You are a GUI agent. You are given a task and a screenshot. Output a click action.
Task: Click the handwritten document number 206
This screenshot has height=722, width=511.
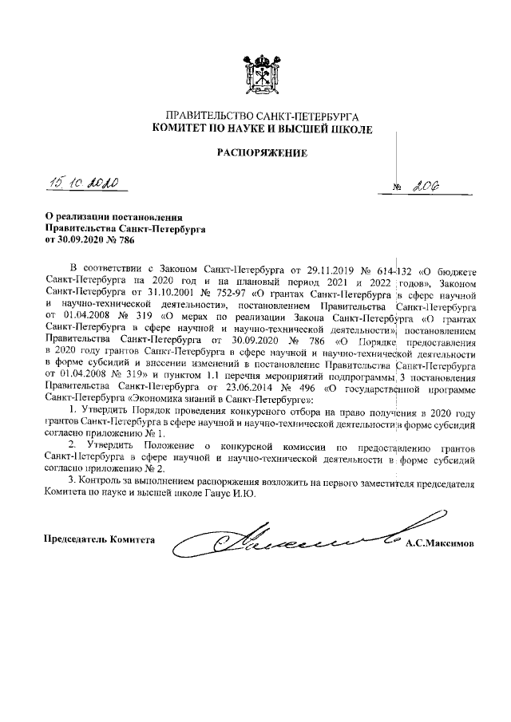pos(430,186)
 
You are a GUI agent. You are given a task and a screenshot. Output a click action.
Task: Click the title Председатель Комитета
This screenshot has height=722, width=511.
pos(100,539)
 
